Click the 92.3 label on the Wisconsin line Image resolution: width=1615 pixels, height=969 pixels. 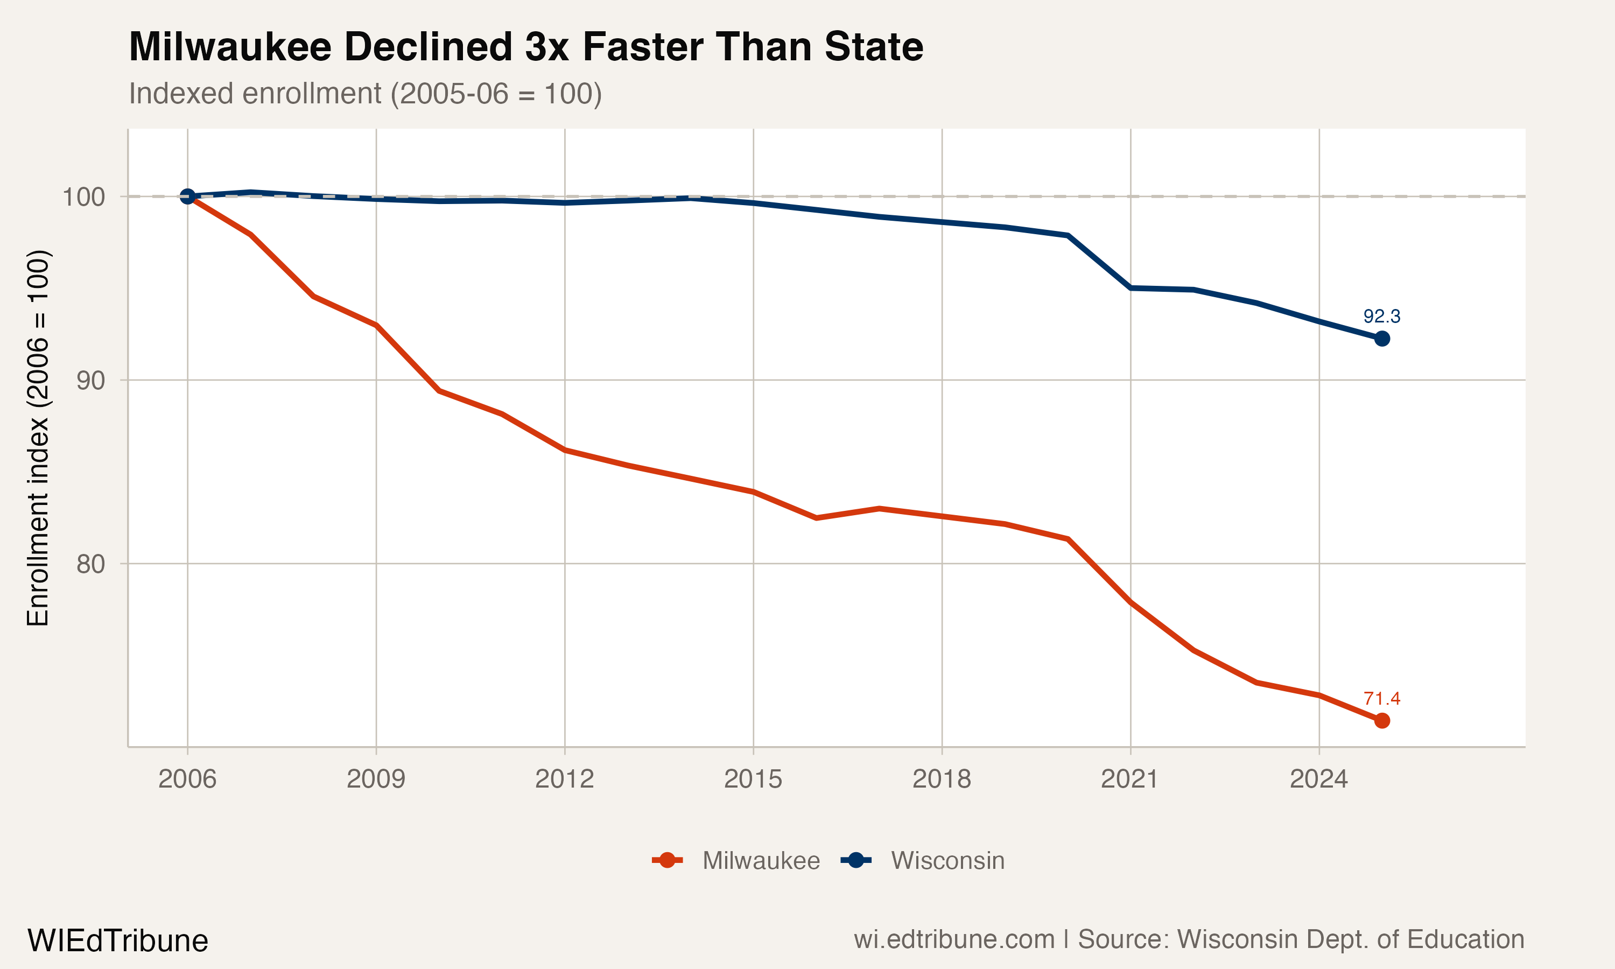(x=1381, y=317)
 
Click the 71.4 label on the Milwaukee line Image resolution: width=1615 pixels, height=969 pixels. (x=1381, y=699)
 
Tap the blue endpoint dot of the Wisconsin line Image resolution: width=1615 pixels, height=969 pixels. (x=1381, y=338)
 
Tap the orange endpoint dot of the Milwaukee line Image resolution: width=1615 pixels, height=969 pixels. (x=1381, y=721)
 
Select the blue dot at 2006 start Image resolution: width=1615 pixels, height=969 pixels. (x=187, y=196)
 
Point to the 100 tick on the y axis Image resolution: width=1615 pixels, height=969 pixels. (x=83, y=196)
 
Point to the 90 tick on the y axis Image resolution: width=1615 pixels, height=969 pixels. (x=90, y=380)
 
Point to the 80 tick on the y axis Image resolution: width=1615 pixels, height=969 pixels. (x=90, y=564)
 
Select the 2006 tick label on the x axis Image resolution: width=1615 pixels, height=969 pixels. (x=187, y=779)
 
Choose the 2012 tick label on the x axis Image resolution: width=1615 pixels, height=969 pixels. (x=564, y=779)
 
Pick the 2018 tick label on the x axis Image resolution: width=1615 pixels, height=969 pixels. (x=942, y=779)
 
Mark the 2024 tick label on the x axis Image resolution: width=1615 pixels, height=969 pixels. (x=1318, y=779)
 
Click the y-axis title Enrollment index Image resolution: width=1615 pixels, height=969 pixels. (x=38, y=438)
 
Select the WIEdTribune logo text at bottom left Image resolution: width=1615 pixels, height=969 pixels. (x=117, y=941)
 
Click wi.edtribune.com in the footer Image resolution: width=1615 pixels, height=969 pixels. (x=954, y=939)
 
